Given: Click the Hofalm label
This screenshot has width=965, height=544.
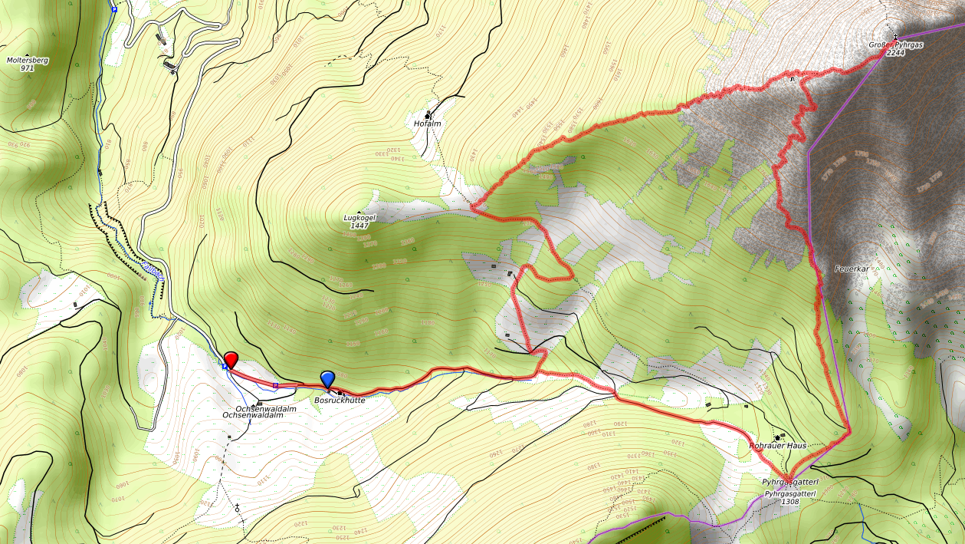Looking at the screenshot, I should (x=428, y=123).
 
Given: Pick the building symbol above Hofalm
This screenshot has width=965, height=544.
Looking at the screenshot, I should (x=428, y=115).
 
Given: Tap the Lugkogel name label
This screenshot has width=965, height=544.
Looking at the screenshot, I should (x=359, y=218).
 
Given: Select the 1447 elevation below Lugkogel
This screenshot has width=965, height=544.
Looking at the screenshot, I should (x=359, y=226).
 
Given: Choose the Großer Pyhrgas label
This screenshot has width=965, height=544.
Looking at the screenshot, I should (x=895, y=45).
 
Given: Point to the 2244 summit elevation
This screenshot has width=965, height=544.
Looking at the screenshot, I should (x=895, y=53).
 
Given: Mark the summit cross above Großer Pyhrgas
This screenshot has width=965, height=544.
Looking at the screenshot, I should (x=895, y=37).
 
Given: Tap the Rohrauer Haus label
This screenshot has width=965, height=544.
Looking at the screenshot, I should (x=779, y=445).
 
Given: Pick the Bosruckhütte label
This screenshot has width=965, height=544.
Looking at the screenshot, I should (x=340, y=400).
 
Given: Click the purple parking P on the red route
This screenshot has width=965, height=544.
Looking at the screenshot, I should (x=275, y=385).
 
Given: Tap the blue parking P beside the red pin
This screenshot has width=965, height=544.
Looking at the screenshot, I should (x=224, y=368).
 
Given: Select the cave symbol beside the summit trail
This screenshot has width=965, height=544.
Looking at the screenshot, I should (x=793, y=79).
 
